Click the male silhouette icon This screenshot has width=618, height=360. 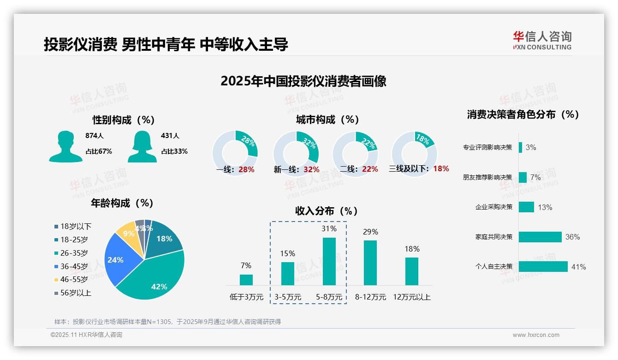coord(65,147)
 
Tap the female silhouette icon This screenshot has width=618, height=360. coord(142,147)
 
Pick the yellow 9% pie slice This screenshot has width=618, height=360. coord(125,234)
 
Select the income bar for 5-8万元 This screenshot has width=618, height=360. coord(329,261)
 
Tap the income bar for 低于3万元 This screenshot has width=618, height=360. coord(246,280)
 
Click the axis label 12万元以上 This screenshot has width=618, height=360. coord(411,297)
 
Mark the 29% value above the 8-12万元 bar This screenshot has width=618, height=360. coord(370,232)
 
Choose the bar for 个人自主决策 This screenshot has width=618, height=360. coord(543,266)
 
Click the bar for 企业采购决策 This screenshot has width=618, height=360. coord(526,207)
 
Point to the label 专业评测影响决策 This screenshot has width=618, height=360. coord(487,148)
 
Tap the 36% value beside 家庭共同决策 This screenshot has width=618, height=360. coord(572,237)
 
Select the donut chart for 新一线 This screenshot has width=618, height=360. coord(296,154)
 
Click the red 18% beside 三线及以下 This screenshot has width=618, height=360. coord(441,168)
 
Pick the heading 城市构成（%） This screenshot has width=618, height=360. coord(327,120)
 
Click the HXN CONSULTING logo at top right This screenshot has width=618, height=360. coord(542,41)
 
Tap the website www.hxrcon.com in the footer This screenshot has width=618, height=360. coord(536,335)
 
